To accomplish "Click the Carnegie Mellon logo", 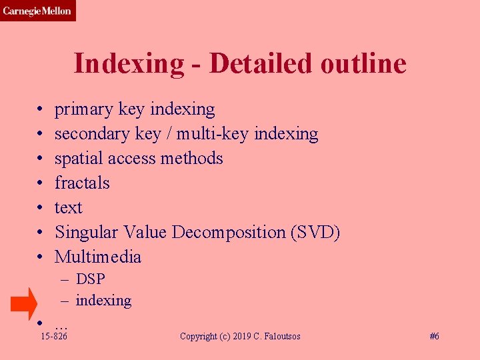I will [x=37, y=11].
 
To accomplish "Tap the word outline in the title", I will [x=363, y=64].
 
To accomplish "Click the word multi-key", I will [x=213, y=134].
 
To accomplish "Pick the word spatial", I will [x=78, y=159].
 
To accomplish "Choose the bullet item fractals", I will [x=82, y=183].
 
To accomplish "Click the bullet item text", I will [x=69, y=208].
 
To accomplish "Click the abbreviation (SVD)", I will [x=315, y=233].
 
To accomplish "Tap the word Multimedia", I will [x=98, y=257].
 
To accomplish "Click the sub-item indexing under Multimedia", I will [x=103, y=301].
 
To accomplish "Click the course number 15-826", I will [x=54, y=337].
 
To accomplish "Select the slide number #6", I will [x=433, y=337].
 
